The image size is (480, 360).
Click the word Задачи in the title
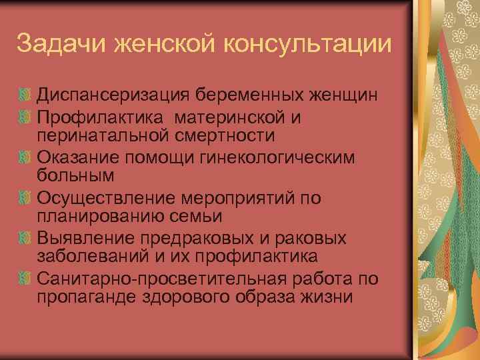pyautogui.click(x=57, y=45)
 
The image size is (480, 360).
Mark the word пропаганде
pyautogui.click(x=87, y=295)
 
